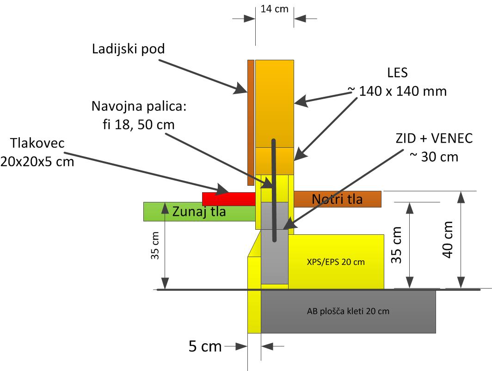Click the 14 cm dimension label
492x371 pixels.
point(274,9)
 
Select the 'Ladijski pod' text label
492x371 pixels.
point(129,49)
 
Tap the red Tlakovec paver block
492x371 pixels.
point(229,199)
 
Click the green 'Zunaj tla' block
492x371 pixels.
point(199,212)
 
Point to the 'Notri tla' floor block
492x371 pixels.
point(337,199)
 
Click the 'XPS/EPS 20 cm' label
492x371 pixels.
point(336,262)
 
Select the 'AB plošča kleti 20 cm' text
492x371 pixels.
point(348,311)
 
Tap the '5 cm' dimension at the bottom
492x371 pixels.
point(205,346)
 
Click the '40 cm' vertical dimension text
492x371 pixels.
point(448,239)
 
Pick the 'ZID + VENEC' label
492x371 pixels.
point(434,138)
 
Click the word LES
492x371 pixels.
point(397,73)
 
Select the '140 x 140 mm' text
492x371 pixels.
point(403,91)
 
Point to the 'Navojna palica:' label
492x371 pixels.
point(139,106)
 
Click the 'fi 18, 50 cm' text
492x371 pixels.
point(139,125)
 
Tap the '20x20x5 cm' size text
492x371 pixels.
point(37,162)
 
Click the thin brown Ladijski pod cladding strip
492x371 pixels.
point(251,123)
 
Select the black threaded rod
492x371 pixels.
point(274,190)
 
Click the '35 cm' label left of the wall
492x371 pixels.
point(155,245)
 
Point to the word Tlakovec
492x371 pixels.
point(37,144)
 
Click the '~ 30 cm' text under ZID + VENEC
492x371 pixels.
point(434,157)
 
